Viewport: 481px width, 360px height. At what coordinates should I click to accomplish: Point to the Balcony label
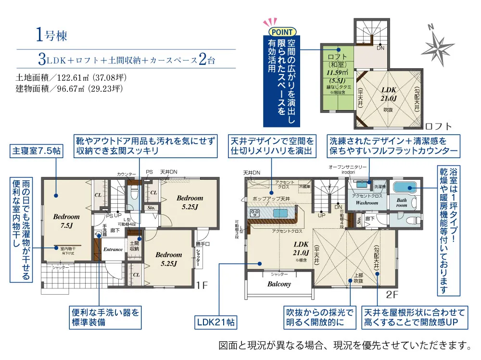coord(279,284)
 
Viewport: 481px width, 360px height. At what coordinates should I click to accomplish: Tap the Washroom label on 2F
coord(367,203)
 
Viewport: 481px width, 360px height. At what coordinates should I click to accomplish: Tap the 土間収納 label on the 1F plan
coord(134,246)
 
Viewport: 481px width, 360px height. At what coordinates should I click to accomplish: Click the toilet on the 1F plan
coord(134,192)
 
